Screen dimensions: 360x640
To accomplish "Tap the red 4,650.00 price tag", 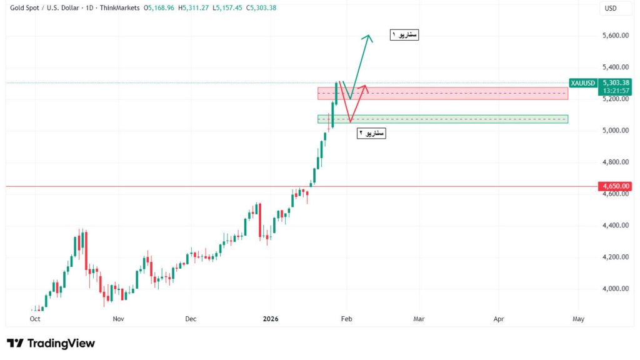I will (615, 186).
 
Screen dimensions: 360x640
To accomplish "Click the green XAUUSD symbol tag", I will (583, 82).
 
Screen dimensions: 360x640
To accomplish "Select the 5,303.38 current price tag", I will (615, 82).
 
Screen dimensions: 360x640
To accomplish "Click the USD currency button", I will (611, 8).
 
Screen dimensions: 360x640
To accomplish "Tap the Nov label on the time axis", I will (118, 319).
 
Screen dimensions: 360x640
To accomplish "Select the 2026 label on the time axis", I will (271, 319).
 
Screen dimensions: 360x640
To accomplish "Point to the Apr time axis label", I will (499, 319).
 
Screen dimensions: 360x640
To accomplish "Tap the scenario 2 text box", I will (371, 132).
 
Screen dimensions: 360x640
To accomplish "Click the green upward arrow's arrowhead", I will (369, 37).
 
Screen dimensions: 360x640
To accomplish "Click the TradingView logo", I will (51, 343).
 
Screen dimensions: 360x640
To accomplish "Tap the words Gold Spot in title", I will (26, 8).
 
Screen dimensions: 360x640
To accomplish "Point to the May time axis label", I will (578, 319).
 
